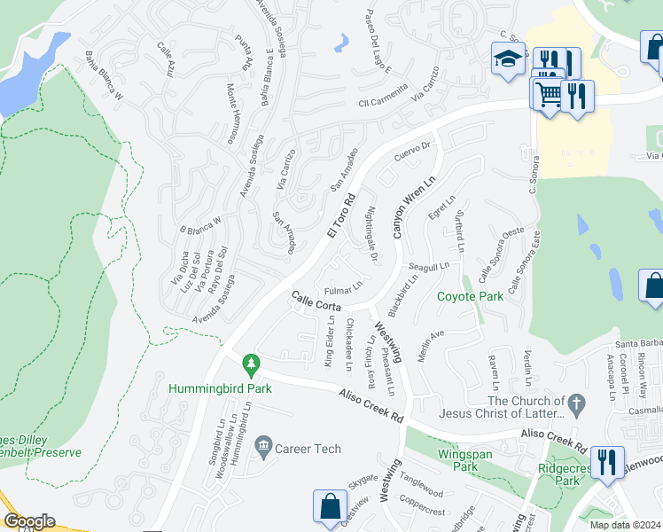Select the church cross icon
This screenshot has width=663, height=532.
tap(576, 404)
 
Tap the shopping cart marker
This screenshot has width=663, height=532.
tap(549, 92)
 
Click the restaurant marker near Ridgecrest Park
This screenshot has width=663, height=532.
tap(607, 461)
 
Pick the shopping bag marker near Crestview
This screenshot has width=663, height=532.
tap(330, 506)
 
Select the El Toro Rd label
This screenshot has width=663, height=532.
tap(340, 215)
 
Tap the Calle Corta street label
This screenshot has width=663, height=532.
tap(314, 301)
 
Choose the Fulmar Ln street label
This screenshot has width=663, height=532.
tap(343, 289)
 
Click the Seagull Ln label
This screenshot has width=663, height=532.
tap(429, 266)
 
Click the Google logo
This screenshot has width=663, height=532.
tap(29, 521)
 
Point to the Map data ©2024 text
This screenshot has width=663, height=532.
tap(625, 524)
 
